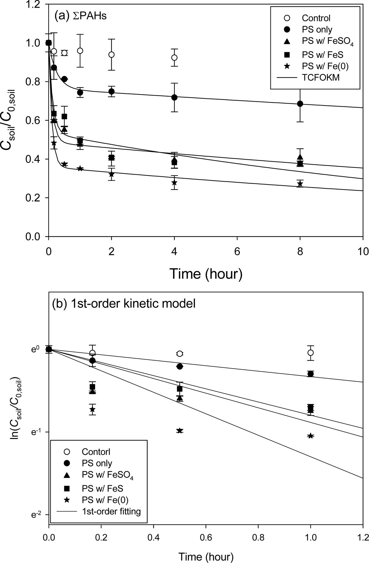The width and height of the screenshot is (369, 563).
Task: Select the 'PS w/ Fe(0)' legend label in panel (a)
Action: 325,66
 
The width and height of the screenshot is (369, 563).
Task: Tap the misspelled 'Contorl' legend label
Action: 96,452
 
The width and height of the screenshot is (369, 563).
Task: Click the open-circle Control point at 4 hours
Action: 174,57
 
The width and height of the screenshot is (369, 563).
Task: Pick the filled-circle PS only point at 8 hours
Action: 300,104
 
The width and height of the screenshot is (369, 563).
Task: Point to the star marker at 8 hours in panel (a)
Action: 300,184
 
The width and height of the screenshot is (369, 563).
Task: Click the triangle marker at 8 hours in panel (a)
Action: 300,157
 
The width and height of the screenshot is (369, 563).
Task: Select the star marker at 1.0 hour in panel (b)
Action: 311,436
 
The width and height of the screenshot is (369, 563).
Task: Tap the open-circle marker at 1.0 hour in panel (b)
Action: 311,353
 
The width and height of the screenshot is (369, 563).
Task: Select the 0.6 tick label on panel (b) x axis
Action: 206,537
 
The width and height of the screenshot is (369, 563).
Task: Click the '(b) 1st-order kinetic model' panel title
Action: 124,304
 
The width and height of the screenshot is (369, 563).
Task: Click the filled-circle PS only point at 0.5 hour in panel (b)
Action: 180,366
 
